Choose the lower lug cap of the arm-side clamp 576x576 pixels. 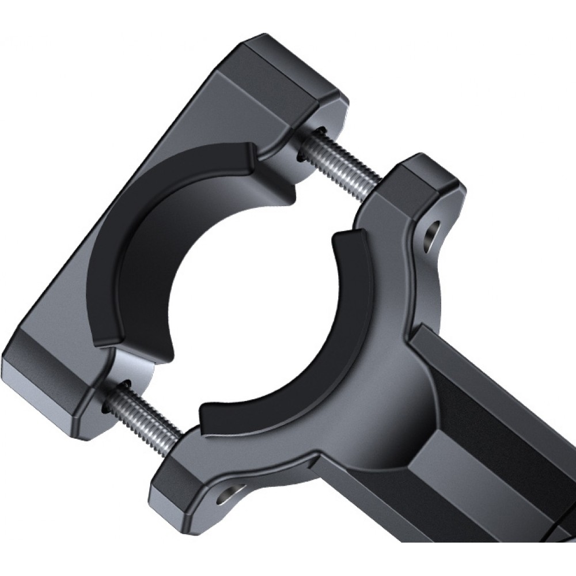pos(173,484)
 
